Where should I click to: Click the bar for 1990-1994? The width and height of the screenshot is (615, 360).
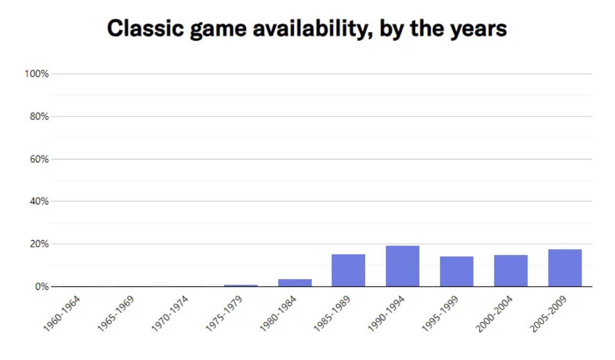click(x=403, y=266)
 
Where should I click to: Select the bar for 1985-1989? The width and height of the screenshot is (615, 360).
click(x=349, y=270)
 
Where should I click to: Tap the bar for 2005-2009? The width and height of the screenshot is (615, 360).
click(x=565, y=268)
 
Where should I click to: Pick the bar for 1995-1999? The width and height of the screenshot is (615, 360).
click(x=456, y=271)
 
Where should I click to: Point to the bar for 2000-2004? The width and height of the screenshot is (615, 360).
click(x=511, y=271)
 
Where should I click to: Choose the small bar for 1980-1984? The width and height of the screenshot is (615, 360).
click(x=295, y=283)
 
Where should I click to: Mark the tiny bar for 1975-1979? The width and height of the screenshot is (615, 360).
click(x=241, y=286)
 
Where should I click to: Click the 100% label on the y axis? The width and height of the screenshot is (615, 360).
click(x=37, y=74)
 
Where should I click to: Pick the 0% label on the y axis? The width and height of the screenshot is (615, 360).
click(x=41, y=287)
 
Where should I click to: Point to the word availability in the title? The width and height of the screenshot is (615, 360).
click(x=311, y=29)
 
